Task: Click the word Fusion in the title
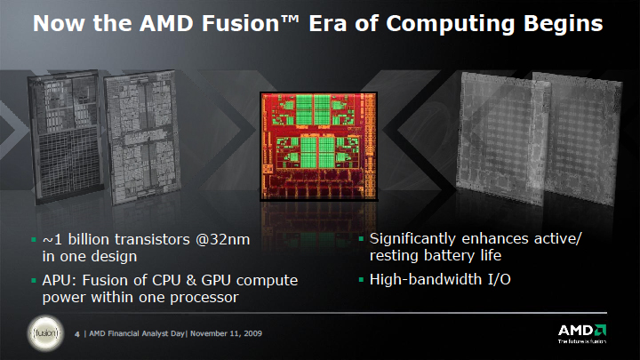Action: point(240,23)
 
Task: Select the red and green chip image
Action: point(318,146)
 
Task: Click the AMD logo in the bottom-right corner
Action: point(582,333)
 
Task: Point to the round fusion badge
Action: point(45,333)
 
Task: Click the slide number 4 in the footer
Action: point(76,334)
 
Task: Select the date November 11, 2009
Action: point(226,333)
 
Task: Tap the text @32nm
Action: point(222,240)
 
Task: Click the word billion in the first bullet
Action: point(88,239)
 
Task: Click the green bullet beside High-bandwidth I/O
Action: point(361,280)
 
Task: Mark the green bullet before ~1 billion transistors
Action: point(34,240)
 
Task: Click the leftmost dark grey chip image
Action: point(65,136)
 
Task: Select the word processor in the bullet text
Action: point(204,298)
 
